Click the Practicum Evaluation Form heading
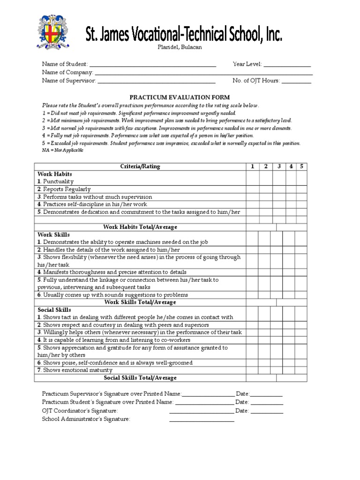180,97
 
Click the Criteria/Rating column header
140,166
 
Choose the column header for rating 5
302,166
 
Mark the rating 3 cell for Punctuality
278,181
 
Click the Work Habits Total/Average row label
140,227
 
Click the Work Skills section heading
54,234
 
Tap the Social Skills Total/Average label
140,378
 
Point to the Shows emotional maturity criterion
75,370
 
